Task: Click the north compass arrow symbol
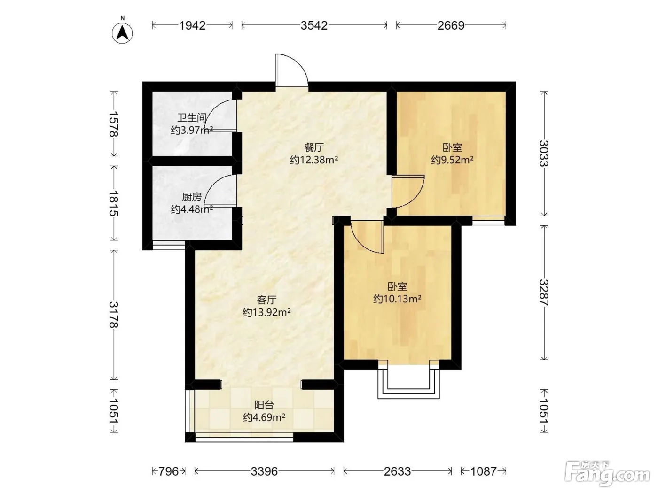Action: coord(122,32)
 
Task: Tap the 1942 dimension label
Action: coord(192,25)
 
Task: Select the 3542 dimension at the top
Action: coord(314,25)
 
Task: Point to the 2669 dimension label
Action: coord(451,25)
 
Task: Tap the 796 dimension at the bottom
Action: coord(168,471)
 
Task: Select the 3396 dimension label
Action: coord(264,471)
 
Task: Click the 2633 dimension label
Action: coord(398,471)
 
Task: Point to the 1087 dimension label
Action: coord(484,471)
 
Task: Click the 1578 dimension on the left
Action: coord(114,124)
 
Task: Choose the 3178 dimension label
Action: coord(114,315)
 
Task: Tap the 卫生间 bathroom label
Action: coord(192,118)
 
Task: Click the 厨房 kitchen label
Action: coord(192,197)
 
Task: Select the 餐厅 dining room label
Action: coord(314,147)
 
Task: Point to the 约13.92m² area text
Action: coord(266,312)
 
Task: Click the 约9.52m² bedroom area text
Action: coord(452,160)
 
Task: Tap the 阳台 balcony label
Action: coord(264,405)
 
